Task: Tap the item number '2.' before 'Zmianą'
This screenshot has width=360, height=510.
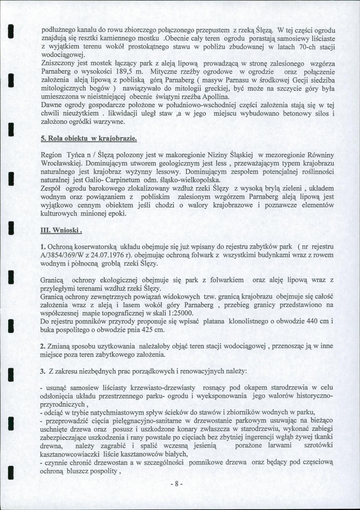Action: point(43,346)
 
